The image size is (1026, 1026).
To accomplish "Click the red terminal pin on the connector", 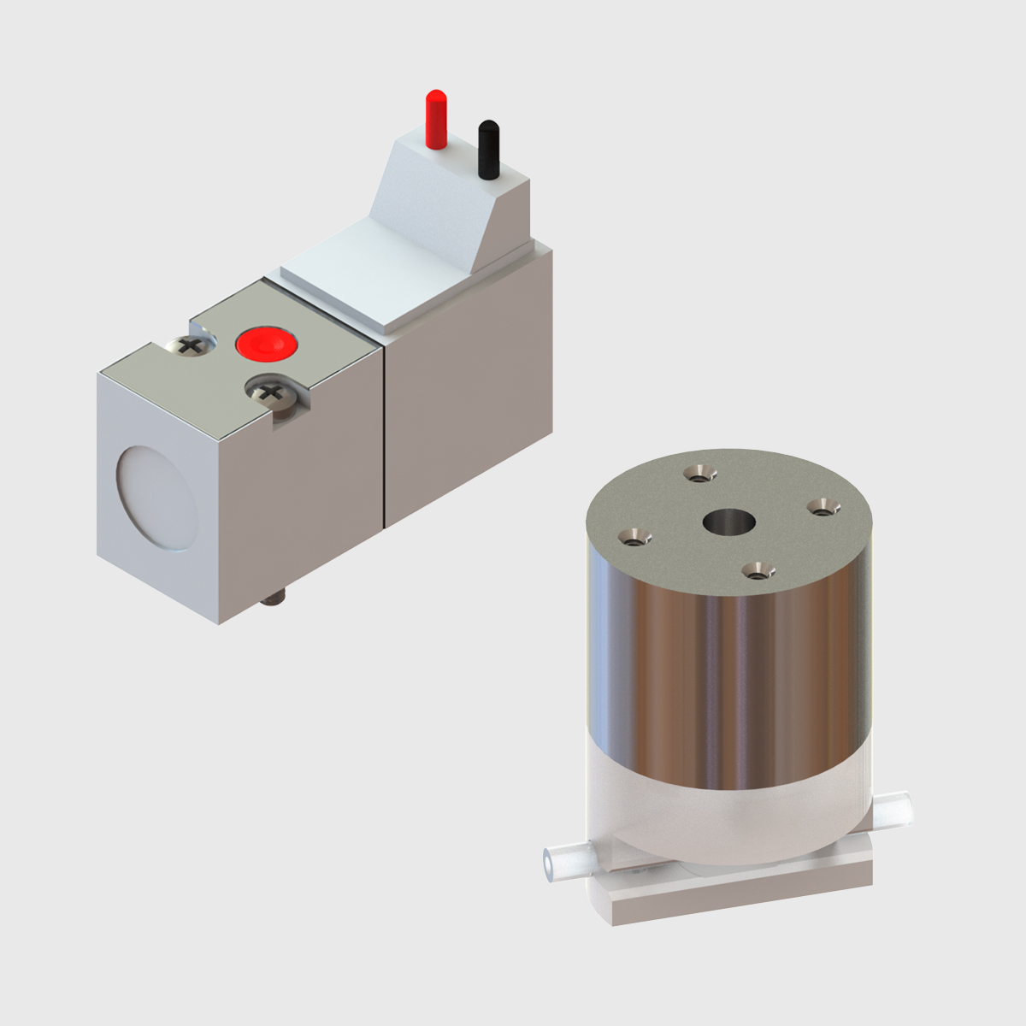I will tap(436, 119).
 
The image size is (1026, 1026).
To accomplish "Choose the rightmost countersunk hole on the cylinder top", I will tap(822, 508).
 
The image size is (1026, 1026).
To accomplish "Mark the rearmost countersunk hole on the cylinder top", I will tap(700, 473).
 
